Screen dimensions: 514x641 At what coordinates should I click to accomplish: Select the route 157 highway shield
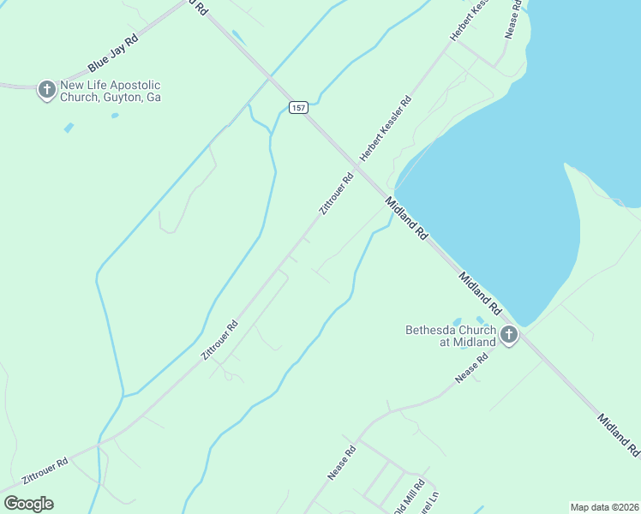point(297,107)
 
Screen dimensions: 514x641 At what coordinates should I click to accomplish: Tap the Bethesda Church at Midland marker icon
point(509,335)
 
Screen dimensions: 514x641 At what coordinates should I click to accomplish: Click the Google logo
point(28,504)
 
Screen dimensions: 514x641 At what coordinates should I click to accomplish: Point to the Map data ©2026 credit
point(604,507)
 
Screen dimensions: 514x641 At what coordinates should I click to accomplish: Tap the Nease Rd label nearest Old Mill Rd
point(341,463)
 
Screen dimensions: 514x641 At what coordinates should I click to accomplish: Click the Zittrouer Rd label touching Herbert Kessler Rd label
point(336,194)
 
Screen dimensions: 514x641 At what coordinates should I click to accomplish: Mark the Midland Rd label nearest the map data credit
point(618,435)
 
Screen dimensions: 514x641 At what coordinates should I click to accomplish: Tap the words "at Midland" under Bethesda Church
point(468,342)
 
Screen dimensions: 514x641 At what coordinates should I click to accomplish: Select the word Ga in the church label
point(153,98)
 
